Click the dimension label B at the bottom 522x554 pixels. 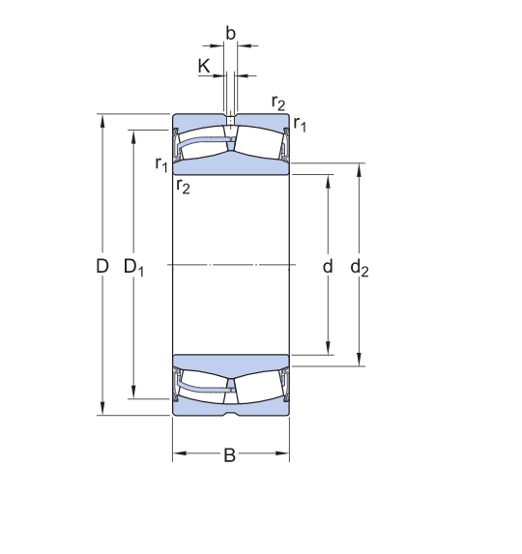point(229,455)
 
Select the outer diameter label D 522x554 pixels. point(102,266)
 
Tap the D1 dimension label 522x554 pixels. point(133,267)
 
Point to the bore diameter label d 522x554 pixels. point(328,266)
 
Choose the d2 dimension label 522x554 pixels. point(360,268)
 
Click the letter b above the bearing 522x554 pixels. point(230,34)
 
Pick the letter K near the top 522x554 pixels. point(204,66)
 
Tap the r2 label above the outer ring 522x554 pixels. point(278,102)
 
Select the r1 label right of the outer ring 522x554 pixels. point(300,124)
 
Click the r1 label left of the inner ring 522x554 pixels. point(161,164)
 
